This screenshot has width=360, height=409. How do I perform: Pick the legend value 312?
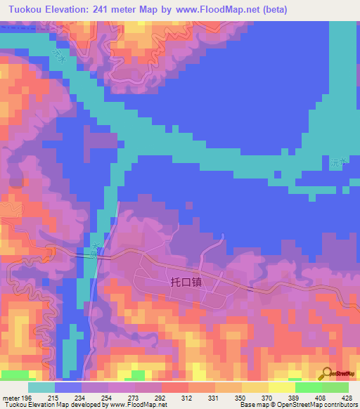pyautogui.click(x=186, y=398)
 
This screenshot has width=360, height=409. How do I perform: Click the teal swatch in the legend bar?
pyautogui.click(x=41, y=387)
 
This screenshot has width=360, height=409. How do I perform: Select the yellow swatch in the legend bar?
pyautogui.click(x=282, y=387)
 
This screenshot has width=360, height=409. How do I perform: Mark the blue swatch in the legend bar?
pyautogui.click(x=68, y=387)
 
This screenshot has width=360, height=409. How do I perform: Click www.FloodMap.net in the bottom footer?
pyautogui.click(x=137, y=405)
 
